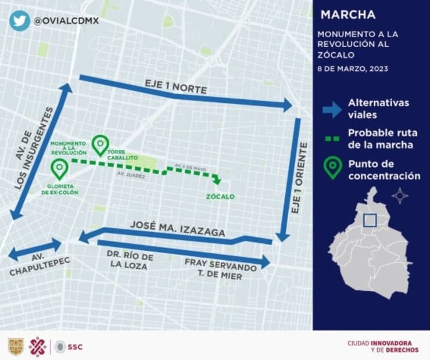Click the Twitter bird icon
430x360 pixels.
19,20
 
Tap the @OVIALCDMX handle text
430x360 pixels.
66,21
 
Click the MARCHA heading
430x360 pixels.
348,15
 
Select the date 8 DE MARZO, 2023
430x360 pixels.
352,68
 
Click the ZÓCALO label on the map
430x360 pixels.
221,197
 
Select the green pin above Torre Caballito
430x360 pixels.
101,145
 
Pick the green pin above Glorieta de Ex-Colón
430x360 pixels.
59,168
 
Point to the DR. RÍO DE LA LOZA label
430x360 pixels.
130,261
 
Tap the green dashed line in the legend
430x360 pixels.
332,138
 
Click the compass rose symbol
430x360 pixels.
400,195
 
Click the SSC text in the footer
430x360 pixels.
75,347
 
